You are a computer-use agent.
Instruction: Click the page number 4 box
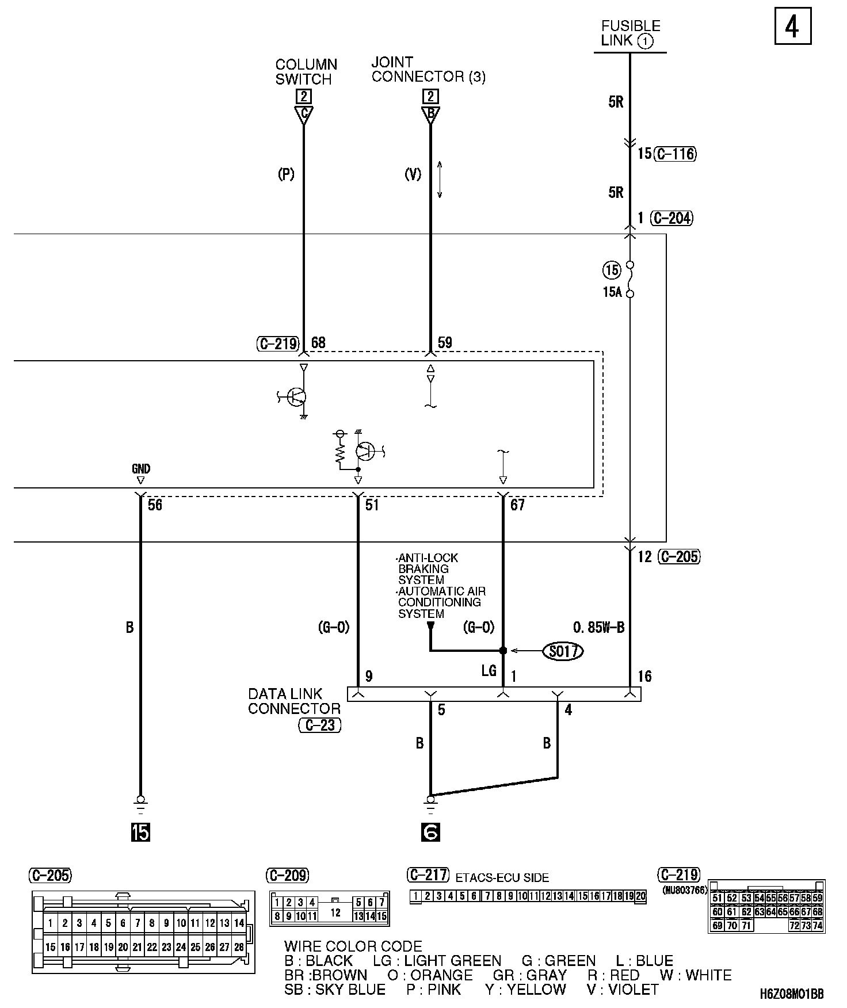point(792,26)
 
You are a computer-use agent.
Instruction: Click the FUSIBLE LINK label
point(630,33)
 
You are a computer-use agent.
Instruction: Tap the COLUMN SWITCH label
point(306,72)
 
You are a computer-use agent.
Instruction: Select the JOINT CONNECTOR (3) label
point(428,70)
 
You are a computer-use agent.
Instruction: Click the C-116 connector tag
point(675,154)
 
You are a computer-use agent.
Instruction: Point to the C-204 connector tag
point(672,218)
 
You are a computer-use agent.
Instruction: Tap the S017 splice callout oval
point(563,651)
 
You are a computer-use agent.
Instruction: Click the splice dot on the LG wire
point(503,651)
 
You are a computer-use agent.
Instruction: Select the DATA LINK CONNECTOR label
point(293,701)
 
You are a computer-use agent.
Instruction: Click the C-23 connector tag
point(320,726)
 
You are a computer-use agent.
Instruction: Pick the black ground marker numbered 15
point(140,832)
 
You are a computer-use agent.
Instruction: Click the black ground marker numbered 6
point(430,832)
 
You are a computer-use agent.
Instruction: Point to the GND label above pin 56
point(140,469)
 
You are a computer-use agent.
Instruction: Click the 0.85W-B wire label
point(598,628)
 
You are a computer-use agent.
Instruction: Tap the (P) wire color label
point(286,174)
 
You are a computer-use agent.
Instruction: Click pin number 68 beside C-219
point(318,343)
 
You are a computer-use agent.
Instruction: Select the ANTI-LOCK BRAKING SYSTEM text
point(427,568)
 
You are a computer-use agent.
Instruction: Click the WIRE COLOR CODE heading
point(353,946)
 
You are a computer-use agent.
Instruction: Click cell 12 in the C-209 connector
point(335,913)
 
